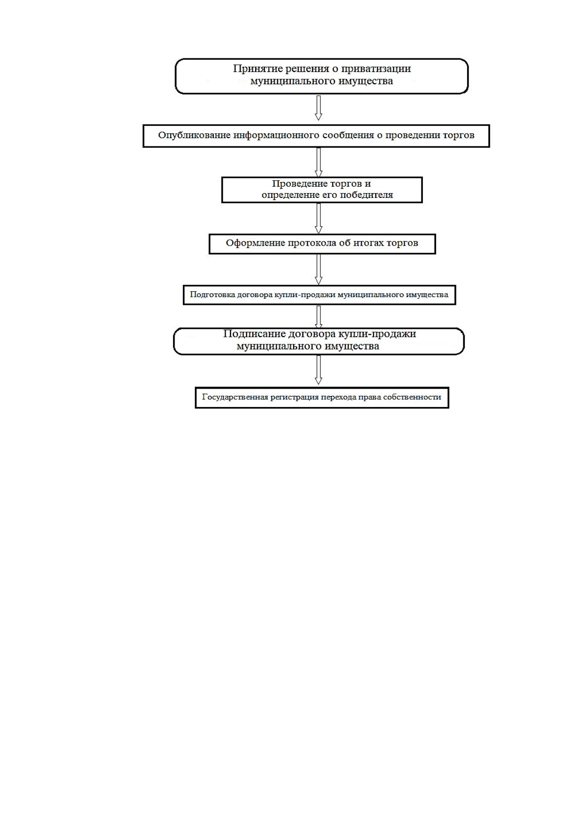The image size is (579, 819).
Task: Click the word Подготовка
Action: [212, 295]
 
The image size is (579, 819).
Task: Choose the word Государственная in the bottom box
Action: [235, 397]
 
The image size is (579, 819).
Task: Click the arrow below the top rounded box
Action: [318, 108]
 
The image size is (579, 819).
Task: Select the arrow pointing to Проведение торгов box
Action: [318, 162]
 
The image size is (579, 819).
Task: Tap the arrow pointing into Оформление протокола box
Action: [318, 218]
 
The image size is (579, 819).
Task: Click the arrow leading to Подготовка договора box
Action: [318, 269]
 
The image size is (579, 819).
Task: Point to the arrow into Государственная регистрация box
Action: [318, 370]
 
